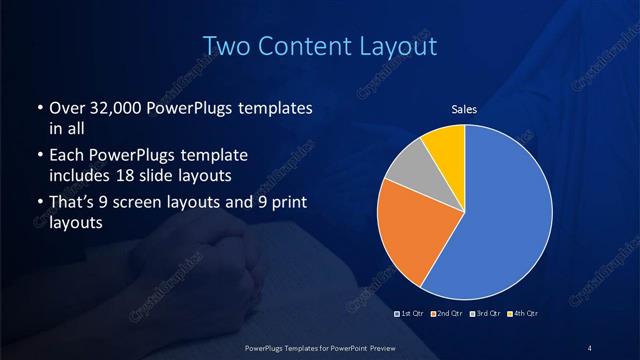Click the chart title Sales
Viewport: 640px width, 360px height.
465,108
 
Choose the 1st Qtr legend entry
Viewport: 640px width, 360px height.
412,315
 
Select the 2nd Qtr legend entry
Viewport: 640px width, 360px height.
447,315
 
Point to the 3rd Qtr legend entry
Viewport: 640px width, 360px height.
483,315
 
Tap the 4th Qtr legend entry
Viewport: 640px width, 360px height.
520,315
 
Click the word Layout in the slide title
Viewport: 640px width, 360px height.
398,46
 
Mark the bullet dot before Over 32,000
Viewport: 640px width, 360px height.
39,108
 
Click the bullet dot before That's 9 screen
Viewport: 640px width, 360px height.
39,204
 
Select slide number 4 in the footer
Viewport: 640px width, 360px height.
589,347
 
